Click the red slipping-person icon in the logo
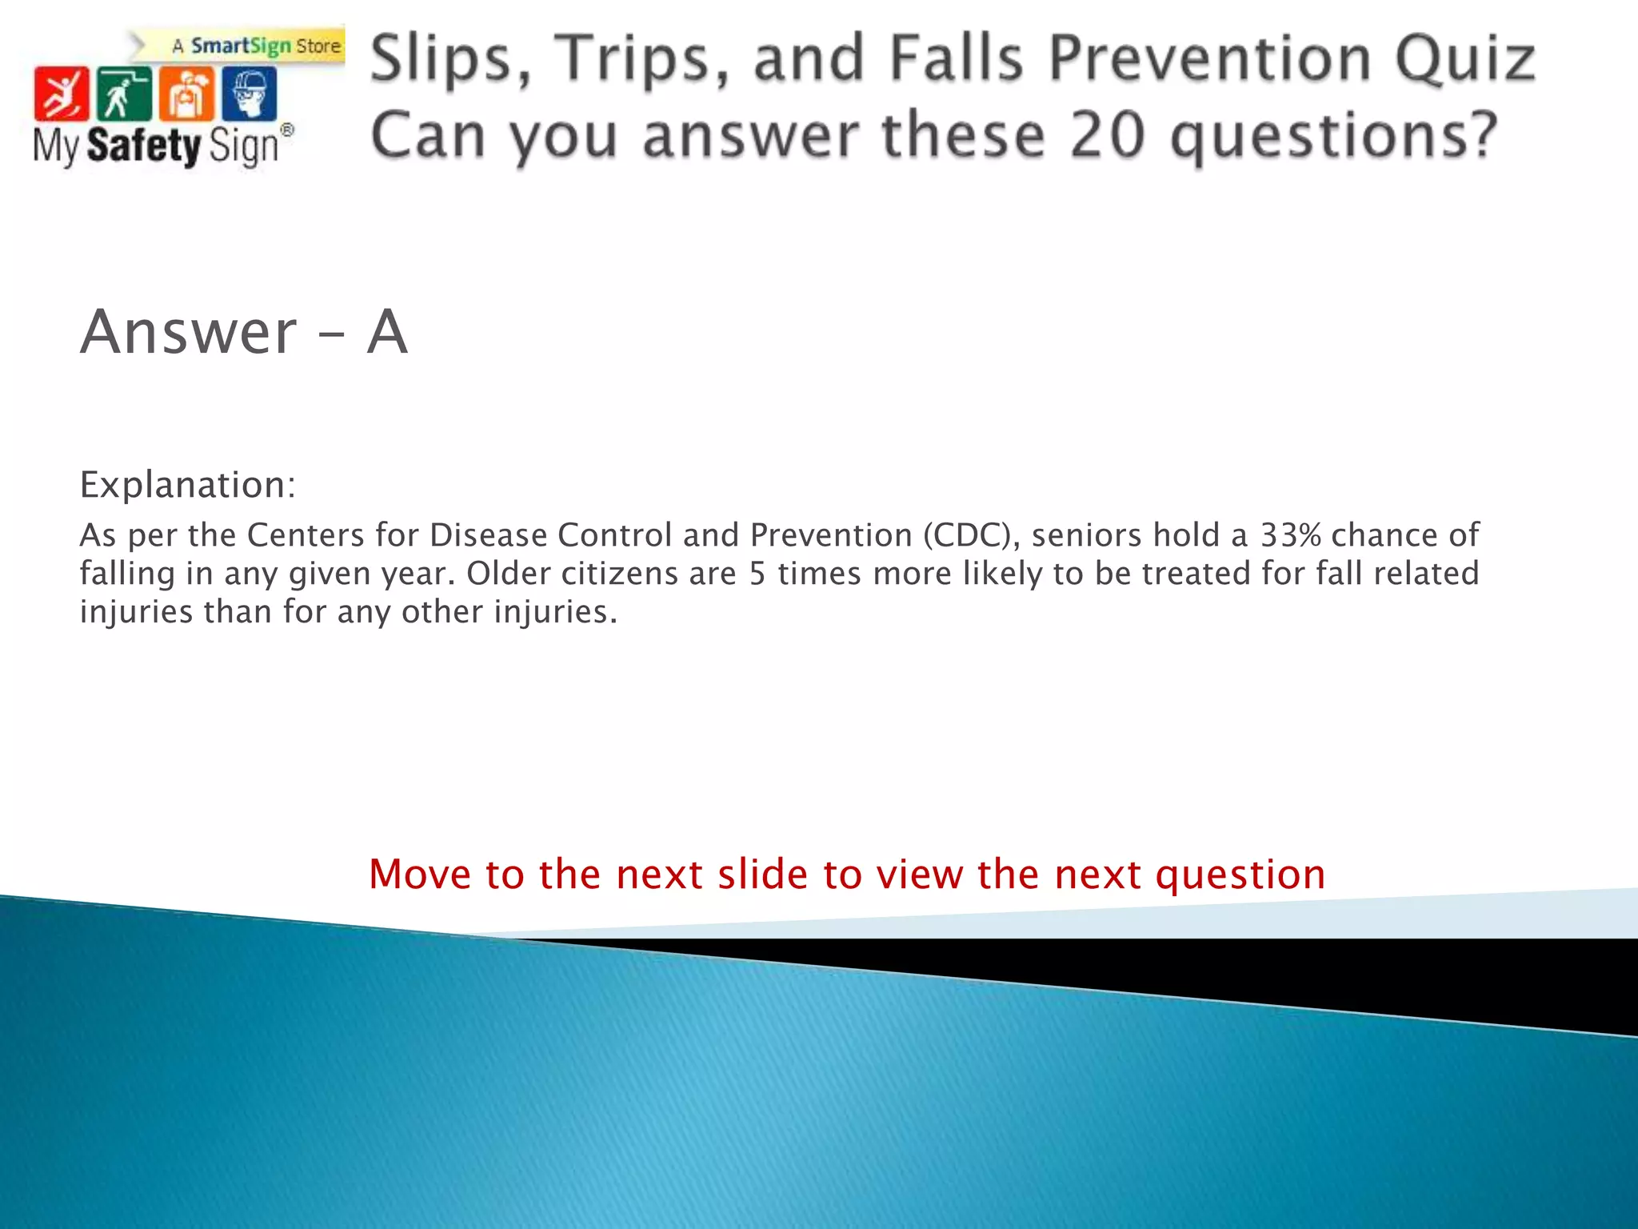61,94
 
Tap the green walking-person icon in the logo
123,94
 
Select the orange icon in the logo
186,94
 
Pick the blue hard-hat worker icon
250,94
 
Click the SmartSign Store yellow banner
256,46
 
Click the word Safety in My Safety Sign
143,146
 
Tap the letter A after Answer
387,332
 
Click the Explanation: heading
188,485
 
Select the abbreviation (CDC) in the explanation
971,535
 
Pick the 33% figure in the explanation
1290,535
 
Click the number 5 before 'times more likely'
757,574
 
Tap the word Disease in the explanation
488,535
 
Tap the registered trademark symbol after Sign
287,130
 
